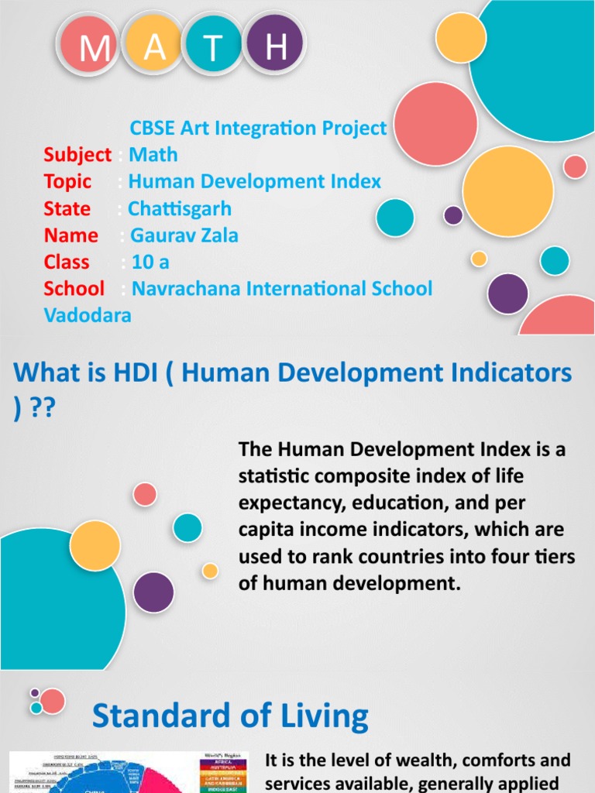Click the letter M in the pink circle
pos(95,50)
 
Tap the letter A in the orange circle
pos(155,48)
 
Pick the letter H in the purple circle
pos(276,48)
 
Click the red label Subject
pos(77,155)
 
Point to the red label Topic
pos(67,182)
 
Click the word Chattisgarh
pos(180,209)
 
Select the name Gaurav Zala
pos(184,235)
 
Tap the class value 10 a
pos(150,262)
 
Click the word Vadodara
pos(88,315)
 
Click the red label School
pos(74,289)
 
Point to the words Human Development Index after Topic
pos(255,182)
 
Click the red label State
pos(67,209)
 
